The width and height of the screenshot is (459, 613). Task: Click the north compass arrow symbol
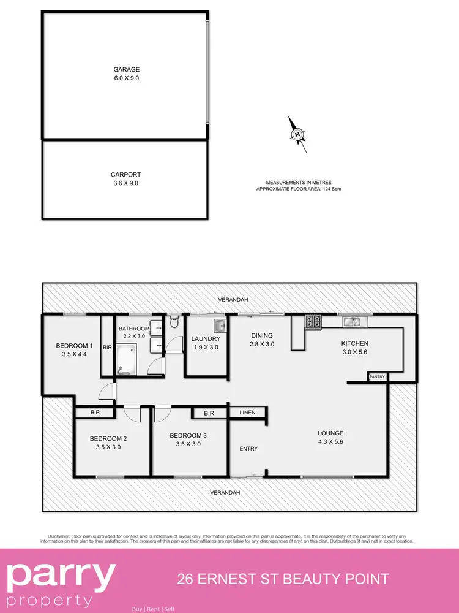[299, 134]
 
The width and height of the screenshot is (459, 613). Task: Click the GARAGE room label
[125, 70]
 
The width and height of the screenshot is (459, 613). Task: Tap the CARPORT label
[125, 175]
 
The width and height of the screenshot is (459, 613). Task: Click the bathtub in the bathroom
[125, 359]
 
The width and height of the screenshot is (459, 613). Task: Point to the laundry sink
[219, 325]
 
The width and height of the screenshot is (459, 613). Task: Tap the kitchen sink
[352, 321]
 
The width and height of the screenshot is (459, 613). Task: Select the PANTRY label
[377, 377]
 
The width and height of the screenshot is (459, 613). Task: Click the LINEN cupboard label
[247, 413]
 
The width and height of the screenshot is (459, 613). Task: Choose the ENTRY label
[248, 449]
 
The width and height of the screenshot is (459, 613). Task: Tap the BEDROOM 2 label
[108, 438]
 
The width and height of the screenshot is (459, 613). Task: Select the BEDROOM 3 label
[188, 435]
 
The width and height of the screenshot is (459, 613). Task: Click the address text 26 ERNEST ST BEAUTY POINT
[283, 579]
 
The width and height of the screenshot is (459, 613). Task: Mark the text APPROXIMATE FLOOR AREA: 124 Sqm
[299, 189]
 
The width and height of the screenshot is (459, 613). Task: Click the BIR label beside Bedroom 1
[107, 348]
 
